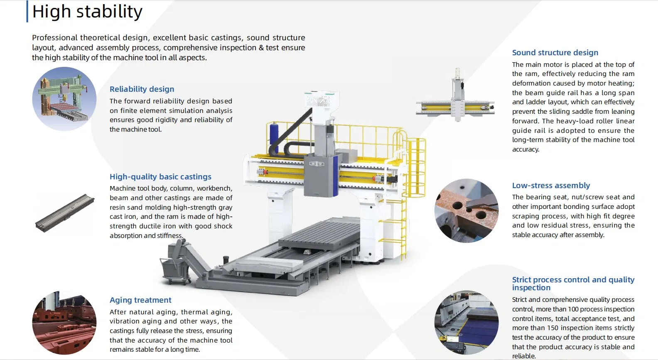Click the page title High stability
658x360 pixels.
[87, 12]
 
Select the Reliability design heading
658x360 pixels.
[142, 89]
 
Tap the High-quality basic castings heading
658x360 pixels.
[160, 176]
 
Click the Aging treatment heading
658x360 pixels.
[140, 300]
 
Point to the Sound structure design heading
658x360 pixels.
[555, 53]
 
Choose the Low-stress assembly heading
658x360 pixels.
[551, 185]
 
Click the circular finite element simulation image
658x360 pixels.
[64, 99]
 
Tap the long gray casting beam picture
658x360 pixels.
[65, 213]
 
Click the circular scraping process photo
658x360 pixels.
[466, 211]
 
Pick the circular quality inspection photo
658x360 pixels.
[466, 322]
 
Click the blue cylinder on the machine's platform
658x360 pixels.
[274, 135]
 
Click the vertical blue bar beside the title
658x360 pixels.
[27, 11]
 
